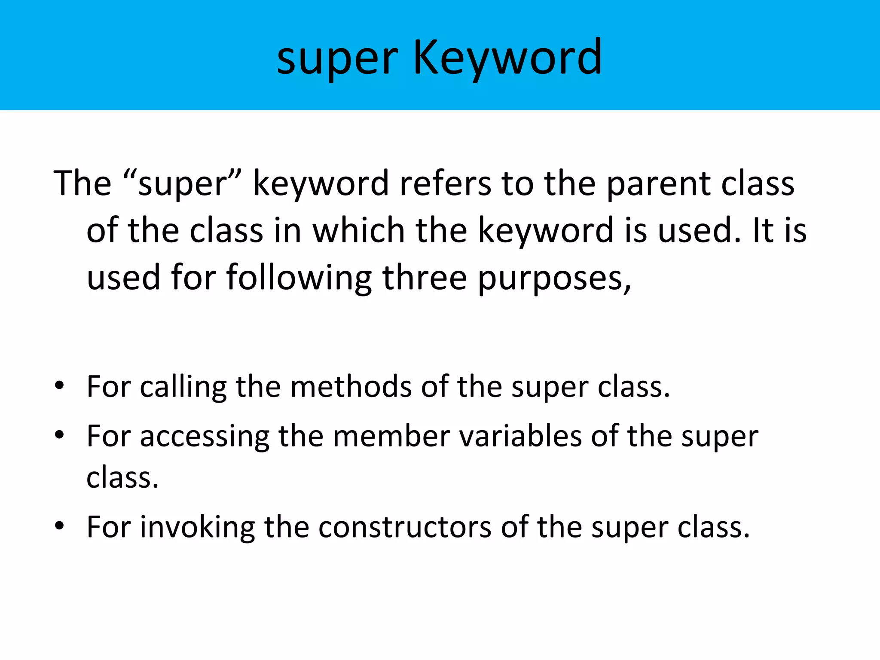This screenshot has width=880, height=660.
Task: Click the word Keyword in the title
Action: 507,58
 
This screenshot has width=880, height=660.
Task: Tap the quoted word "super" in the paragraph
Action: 183,184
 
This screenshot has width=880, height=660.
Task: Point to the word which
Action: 358,231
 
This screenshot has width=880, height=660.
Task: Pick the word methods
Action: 351,387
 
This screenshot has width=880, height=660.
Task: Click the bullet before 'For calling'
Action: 59,385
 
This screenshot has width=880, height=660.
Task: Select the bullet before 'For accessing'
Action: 59,435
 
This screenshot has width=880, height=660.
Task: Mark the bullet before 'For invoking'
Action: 59,526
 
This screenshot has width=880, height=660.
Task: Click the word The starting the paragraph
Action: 82,184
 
